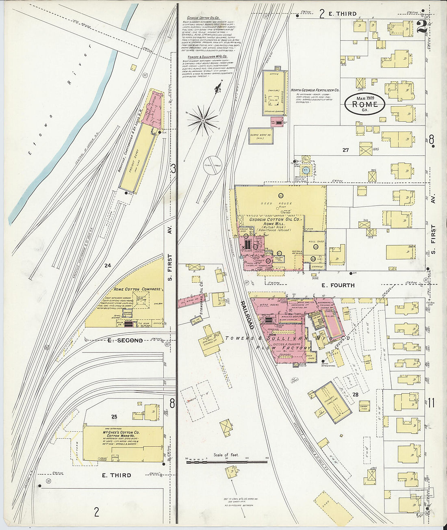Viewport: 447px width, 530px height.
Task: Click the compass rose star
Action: (202, 121)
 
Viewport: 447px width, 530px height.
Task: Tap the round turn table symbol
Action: (211, 165)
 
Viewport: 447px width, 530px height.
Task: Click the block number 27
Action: (345, 150)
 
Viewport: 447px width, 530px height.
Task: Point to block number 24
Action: (107, 266)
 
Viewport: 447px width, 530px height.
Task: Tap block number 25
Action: (114, 416)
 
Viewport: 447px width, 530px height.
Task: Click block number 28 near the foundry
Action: (355, 394)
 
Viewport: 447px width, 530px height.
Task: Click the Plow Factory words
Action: (283, 348)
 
